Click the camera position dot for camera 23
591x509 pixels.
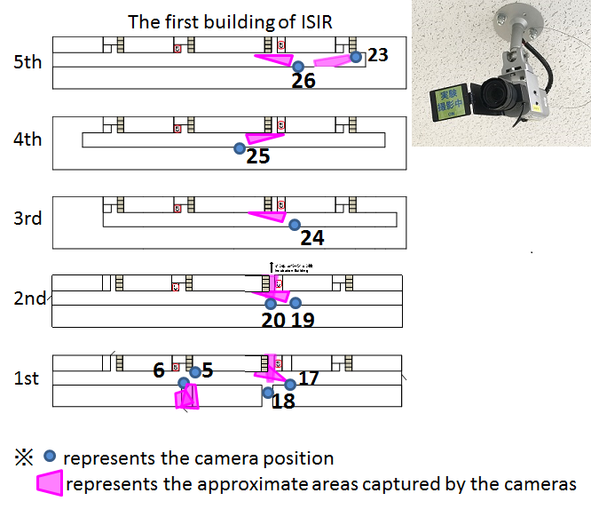[356, 56]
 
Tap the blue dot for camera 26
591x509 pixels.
[298, 66]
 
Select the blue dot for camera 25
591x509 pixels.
[239, 148]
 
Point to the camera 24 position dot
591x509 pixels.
[295, 225]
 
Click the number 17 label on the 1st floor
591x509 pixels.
[308, 378]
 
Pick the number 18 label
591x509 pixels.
[284, 401]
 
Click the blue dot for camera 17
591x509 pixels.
[289, 385]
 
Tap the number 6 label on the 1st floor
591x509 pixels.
[159, 370]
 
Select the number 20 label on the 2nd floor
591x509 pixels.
[273, 319]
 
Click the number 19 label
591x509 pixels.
[302, 319]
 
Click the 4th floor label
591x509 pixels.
[28, 139]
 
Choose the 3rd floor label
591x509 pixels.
[28, 218]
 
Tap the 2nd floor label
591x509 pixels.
[29, 298]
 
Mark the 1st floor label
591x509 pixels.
[27, 378]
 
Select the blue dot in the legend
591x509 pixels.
[51, 457]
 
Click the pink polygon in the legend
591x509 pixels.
[50, 483]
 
